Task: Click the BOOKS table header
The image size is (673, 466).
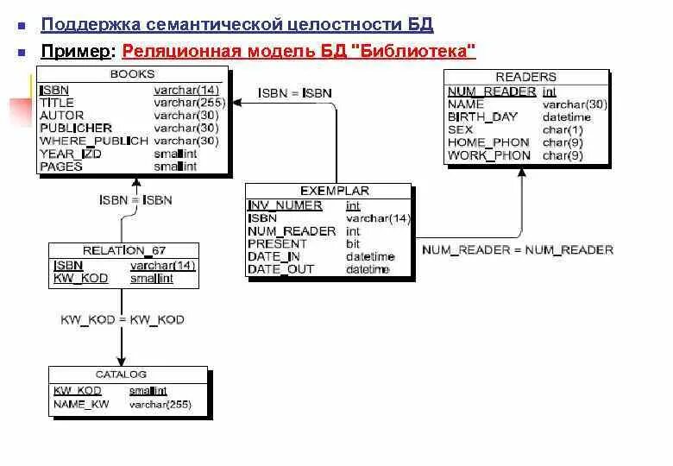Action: click(x=132, y=74)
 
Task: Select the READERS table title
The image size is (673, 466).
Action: click(x=525, y=77)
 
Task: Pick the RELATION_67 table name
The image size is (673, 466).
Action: click(x=124, y=250)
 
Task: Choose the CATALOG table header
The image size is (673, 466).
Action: click(x=121, y=375)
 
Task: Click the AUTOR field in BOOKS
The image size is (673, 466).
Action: click(x=62, y=115)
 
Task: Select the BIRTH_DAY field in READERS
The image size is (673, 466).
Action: click(x=481, y=116)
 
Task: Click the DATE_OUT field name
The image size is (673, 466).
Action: click(x=281, y=269)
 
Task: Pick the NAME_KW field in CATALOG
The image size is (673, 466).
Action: click(x=81, y=404)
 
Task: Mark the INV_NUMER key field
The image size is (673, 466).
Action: click(x=285, y=205)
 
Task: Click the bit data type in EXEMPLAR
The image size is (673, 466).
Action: click(x=352, y=244)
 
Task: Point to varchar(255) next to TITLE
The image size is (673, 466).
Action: click(x=189, y=102)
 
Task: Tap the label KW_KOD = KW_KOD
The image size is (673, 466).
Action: click(x=123, y=319)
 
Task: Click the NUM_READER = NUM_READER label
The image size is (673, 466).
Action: click(x=517, y=250)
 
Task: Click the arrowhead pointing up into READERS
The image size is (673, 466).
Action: click(x=522, y=173)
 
